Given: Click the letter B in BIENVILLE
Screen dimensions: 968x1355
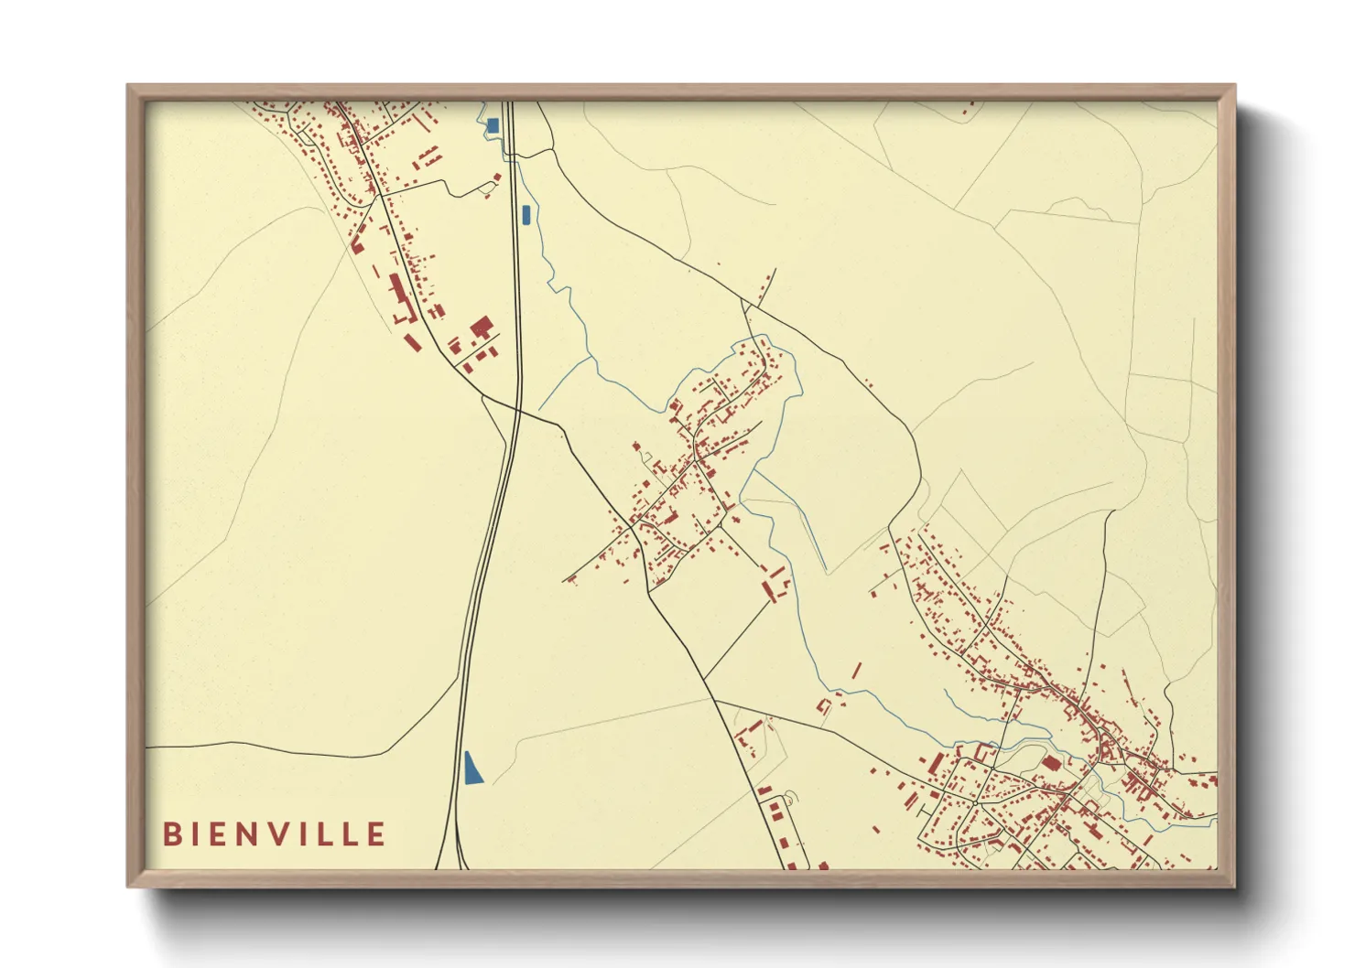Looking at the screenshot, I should (x=171, y=834).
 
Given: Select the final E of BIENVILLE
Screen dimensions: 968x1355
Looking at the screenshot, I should (x=376, y=834).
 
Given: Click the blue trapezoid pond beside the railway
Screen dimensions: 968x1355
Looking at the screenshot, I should (x=472, y=769).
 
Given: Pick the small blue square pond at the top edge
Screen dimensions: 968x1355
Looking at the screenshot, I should (x=493, y=125).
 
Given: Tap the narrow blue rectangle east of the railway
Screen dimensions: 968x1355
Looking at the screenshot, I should (x=526, y=215).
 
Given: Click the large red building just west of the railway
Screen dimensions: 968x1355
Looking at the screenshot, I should (x=482, y=327).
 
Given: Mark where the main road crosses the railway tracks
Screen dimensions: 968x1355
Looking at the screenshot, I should (x=518, y=411).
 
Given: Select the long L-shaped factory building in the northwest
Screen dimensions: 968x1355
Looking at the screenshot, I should (x=399, y=298).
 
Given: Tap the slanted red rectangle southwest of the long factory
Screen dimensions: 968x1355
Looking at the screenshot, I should (x=413, y=342).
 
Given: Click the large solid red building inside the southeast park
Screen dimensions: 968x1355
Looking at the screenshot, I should (x=1051, y=762).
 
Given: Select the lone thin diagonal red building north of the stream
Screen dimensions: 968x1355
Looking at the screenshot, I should (x=856, y=671).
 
